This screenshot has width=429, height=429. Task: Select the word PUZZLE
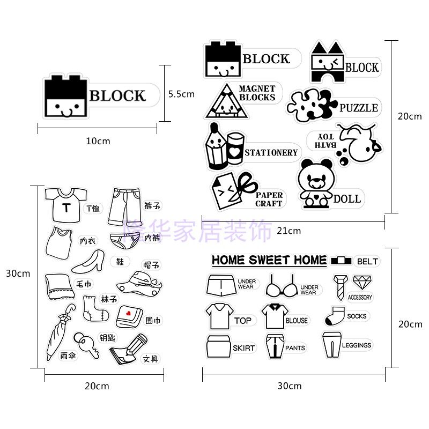click(358, 108)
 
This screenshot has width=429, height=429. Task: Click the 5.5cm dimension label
click(181, 94)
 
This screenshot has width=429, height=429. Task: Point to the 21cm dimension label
click(289, 231)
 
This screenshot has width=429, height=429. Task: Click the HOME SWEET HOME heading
click(269, 261)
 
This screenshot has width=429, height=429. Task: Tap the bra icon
click(283, 287)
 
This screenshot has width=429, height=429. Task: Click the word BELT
click(367, 262)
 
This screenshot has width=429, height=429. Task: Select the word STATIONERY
click(271, 153)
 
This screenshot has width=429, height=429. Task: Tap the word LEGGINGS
click(357, 345)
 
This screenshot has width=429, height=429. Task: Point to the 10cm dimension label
click(98, 141)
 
